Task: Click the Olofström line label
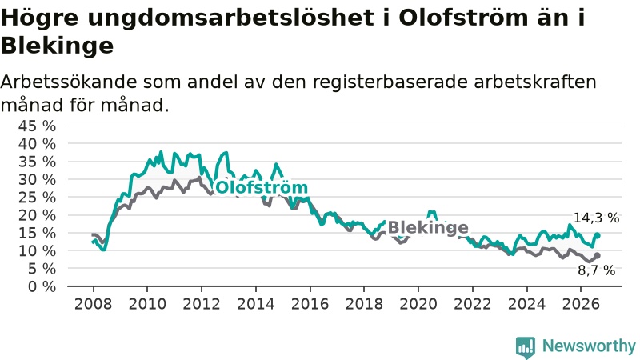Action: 262,188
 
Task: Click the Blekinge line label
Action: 428,227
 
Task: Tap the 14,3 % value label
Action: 596,218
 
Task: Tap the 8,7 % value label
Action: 596,270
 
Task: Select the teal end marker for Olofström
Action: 597,235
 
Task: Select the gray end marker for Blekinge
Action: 597,255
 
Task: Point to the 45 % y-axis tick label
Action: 37,126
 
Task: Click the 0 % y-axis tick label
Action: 42,286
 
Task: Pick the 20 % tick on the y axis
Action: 37,215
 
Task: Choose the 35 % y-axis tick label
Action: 37,162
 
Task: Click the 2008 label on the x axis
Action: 93,304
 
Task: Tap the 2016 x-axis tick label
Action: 310,304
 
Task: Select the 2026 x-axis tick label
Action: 581,304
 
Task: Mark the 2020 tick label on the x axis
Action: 418,304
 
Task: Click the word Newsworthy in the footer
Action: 589,346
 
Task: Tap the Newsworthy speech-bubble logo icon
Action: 526,347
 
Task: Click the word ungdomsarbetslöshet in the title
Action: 230,18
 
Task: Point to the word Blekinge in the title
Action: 57,46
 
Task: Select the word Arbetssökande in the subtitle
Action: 69,82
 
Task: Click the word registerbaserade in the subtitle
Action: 391,83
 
